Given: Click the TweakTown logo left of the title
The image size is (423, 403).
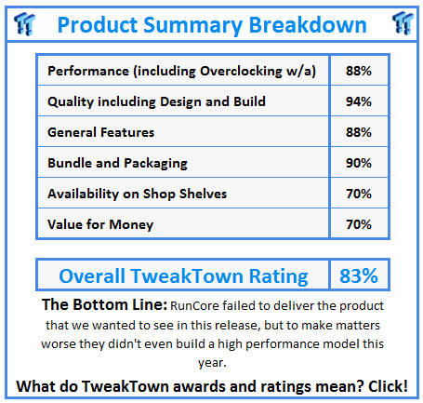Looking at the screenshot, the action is pos(25,23).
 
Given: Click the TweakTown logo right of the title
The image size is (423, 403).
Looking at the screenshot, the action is pos(403,23).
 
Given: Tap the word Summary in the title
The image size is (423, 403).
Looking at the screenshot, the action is pos(192,25).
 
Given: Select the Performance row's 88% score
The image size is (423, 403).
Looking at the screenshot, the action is pos(359,71).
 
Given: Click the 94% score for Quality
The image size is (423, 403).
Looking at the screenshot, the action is pos(359,101).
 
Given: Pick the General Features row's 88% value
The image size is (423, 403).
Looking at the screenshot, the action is pos(359,132).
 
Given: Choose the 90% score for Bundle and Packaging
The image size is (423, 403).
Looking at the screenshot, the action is pos(359,163).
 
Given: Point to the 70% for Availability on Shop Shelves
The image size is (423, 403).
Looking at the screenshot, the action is pos(359,194).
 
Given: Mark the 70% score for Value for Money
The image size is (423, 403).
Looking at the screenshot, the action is pos(359,224).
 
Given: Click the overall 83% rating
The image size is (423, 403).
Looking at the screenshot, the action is pos(359,275).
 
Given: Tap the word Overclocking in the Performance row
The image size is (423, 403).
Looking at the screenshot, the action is pos(241,72).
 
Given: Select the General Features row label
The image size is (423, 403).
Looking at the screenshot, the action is pos(100,132).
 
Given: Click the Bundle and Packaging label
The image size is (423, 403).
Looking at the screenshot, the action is pos(117,164).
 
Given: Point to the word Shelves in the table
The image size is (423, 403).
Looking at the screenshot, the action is pos(203,194).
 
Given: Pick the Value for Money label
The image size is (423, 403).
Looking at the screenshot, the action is pos(100,225).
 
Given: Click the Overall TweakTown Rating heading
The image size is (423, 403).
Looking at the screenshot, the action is pos(183,276).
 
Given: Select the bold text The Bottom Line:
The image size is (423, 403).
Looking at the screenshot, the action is pos(104,304).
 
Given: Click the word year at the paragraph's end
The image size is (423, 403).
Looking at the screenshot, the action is pos(212,363).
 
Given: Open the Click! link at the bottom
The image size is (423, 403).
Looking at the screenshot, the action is pos(388,386).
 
